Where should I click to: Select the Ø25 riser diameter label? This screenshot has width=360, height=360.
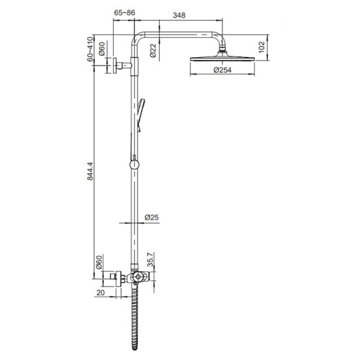click(151, 218)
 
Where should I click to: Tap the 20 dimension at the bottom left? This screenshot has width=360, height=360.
click(102, 292)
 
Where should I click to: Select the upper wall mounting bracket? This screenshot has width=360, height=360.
click(122, 66)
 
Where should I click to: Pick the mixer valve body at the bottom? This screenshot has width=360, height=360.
click(137, 277)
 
